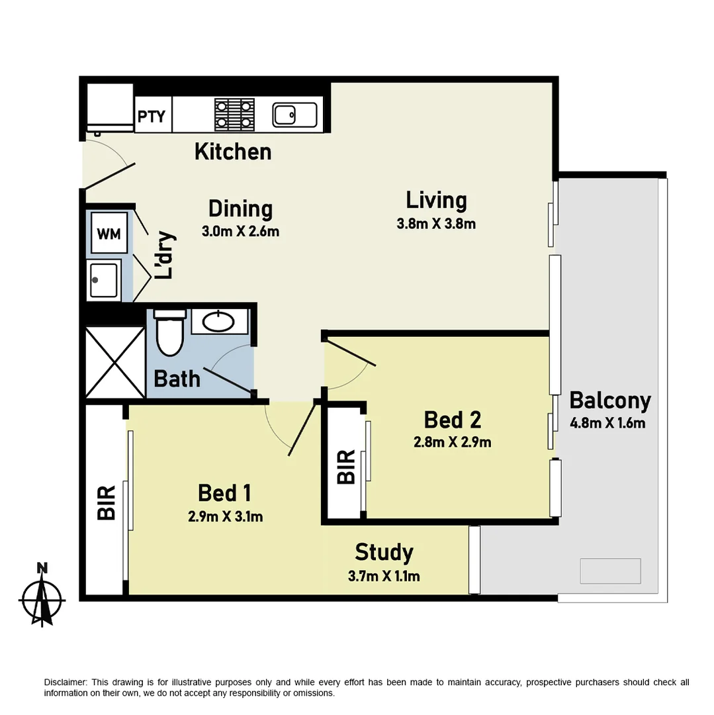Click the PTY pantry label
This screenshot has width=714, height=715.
pos(152,117)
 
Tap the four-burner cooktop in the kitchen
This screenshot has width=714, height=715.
pos(234,114)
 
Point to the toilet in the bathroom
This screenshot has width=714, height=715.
pos(168,334)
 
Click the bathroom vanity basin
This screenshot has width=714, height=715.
pos(219,322)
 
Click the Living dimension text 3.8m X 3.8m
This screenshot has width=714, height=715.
pos(436,224)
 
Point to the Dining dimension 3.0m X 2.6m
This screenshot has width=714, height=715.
pos(241,232)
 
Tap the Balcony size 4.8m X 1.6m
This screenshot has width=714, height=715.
pos(607,423)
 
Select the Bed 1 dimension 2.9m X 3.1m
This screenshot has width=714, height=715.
pos(226,517)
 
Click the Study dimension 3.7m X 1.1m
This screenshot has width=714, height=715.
pos(384,576)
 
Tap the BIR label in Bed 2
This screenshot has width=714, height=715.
pos(345,467)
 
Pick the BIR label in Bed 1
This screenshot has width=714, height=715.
pos(107,502)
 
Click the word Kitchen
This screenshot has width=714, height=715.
pos(233,152)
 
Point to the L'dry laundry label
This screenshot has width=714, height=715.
pos(164,255)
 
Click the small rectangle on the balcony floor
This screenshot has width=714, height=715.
pos(610,571)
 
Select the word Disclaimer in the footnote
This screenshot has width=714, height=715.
pos(65,682)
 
